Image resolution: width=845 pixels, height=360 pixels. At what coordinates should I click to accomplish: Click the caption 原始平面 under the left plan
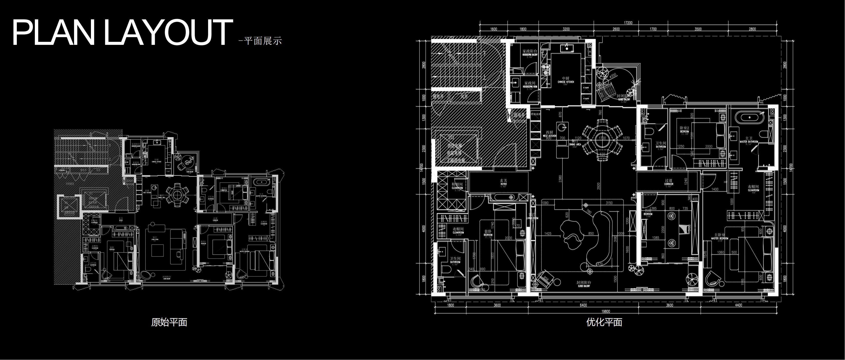pyautogui.click(x=169, y=322)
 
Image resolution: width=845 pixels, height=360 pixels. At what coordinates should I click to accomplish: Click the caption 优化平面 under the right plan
pyautogui.click(x=604, y=322)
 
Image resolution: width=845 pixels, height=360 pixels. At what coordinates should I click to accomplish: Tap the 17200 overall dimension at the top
pyautogui.click(x=628, y=23)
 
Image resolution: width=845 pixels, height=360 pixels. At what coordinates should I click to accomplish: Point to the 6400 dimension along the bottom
pyautogui.click(x=583, y=305)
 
